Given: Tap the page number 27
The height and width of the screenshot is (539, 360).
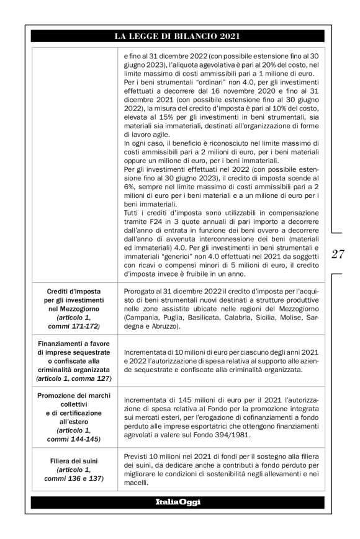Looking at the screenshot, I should (x=338, y=254).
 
